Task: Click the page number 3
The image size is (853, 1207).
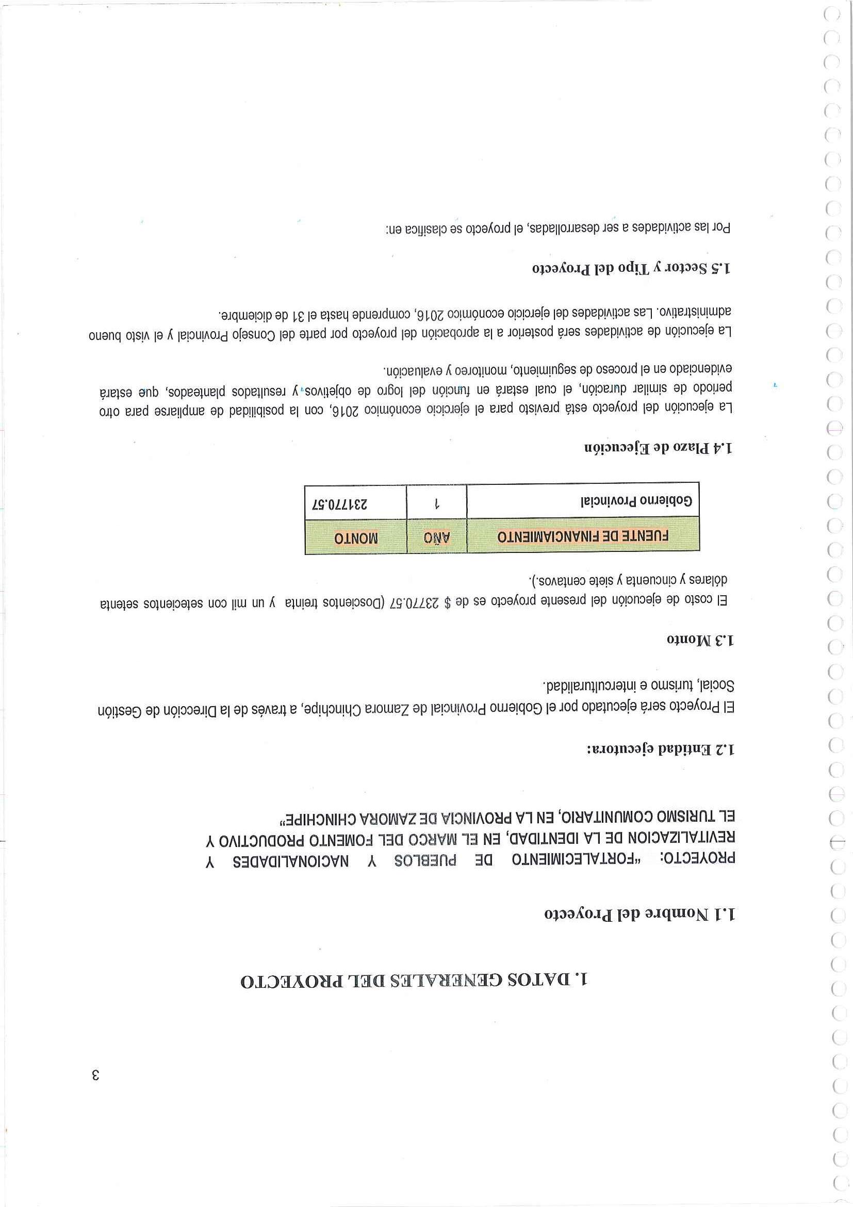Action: tap(95, 1074)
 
